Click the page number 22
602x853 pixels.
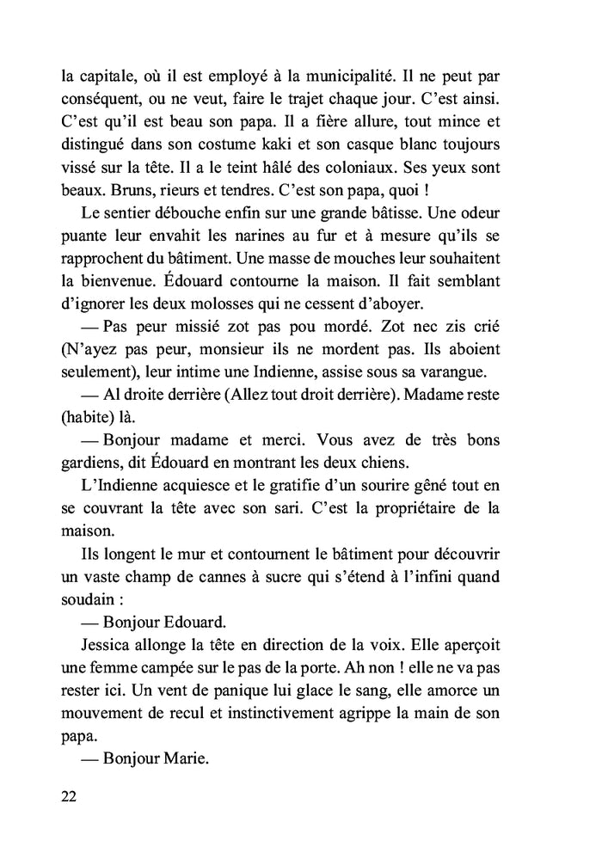[x=70, y=795]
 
